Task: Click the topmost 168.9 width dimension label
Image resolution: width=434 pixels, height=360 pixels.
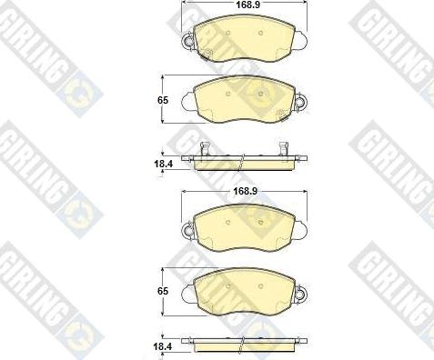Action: click(244, 5)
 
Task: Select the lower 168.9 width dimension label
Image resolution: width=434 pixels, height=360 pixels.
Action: click(245, 191)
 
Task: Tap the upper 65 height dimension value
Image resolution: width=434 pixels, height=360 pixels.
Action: click(163, 100)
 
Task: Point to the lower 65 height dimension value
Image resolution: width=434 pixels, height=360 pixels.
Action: click(163, 291)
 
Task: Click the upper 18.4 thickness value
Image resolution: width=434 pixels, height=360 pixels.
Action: click(163, 164)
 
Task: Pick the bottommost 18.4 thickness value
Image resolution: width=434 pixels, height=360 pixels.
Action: click(163, 346)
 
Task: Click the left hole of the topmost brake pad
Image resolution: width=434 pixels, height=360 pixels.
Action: click(227, 33)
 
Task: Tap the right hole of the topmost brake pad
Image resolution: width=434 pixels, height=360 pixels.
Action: click(260, 33)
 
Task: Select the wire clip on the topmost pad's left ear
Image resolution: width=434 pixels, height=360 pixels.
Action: click(188, 41)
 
